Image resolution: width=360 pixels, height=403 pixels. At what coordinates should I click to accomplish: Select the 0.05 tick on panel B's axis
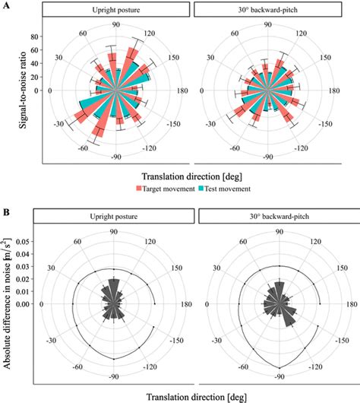pyautogui.click(x=24, y=240)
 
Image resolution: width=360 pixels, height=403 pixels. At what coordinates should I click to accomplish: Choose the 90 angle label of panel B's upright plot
pyautogui.click(x=112, y=232)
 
